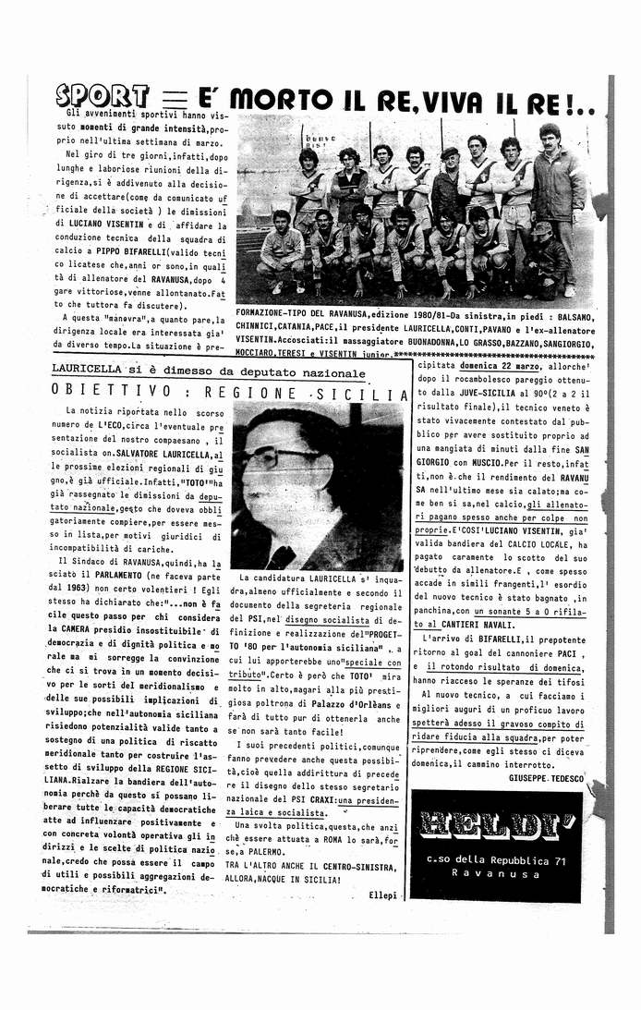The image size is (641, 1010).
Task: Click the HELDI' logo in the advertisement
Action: (x=495, y=824)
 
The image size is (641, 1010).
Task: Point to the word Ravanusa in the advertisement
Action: (x=496, y=873)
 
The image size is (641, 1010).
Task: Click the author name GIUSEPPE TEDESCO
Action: (x=546, y=779)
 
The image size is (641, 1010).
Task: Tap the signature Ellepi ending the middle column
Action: (x=381, y=895)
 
